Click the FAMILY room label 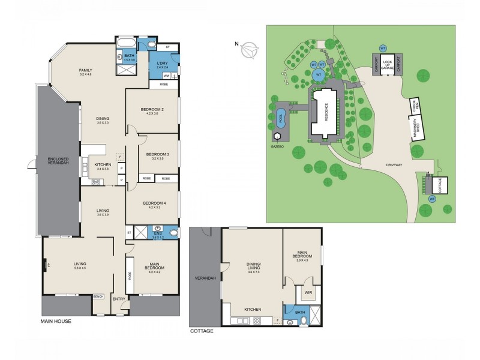coord(86,70)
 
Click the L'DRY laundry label coord(162,63)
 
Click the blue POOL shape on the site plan coord(282,120)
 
